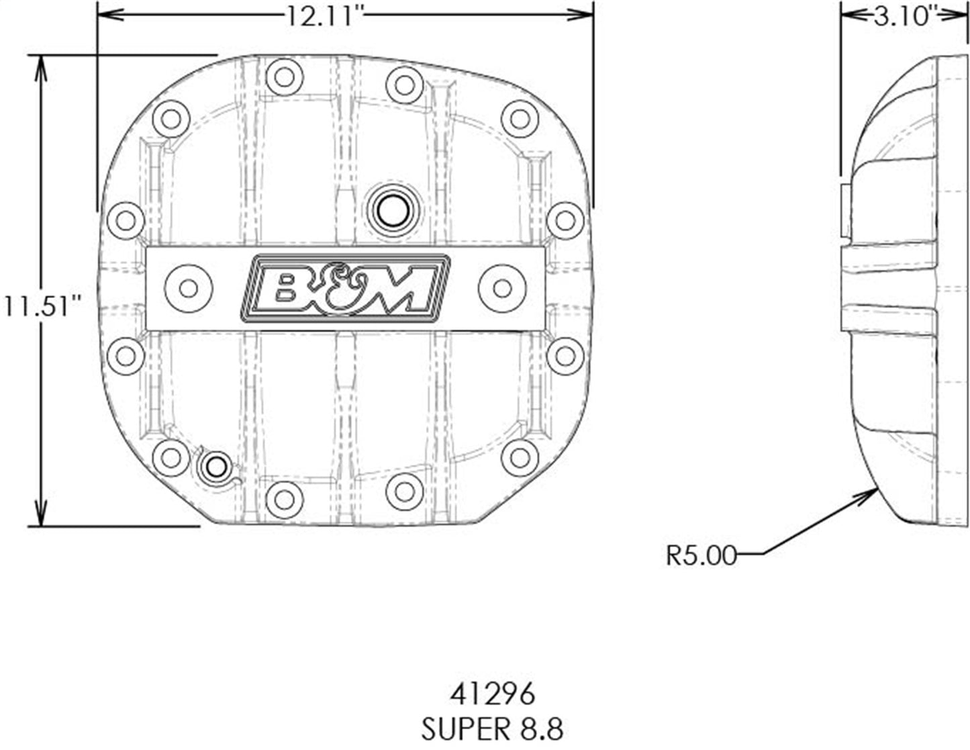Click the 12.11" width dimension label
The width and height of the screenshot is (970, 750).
(320, 15)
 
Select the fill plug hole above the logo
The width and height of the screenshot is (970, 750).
(391, 210)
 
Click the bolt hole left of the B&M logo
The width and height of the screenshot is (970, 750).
(188, 288)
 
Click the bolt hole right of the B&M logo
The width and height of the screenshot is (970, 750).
(502, 288)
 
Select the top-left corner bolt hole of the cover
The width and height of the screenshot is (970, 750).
(171, 119)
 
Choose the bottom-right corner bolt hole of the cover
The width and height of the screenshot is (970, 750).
(520, 457)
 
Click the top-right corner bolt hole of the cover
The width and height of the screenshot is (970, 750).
(520, 119)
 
